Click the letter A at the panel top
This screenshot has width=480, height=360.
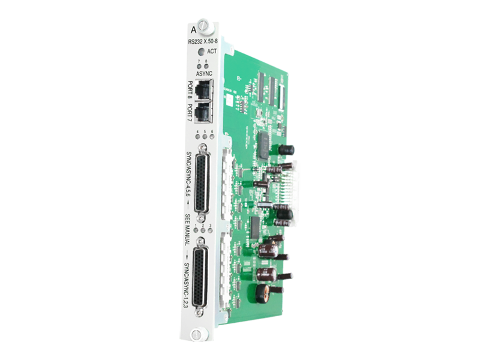pos(193,29)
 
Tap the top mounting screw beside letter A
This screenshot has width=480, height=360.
pos(205,26)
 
